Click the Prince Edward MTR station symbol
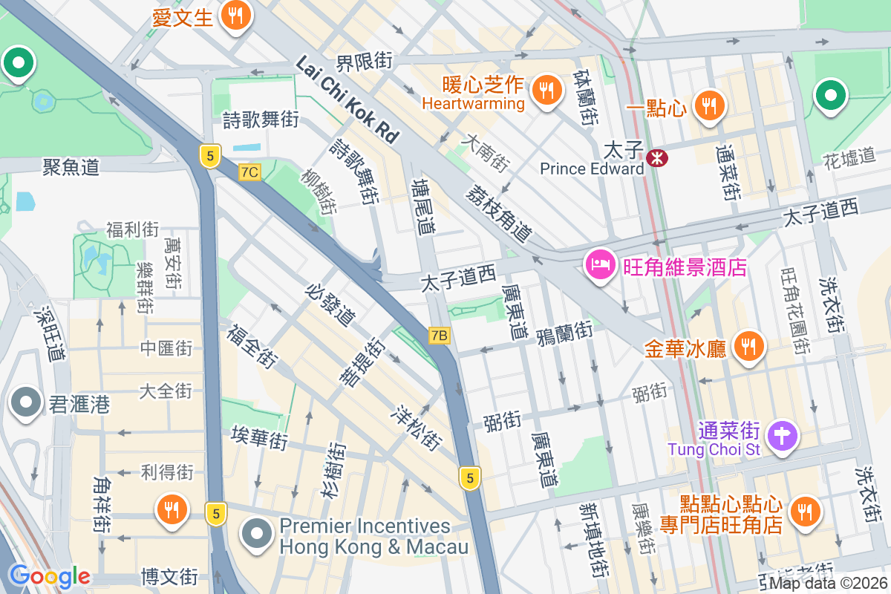[656, 157]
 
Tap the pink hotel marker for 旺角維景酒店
[600, 264]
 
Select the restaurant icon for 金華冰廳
[748, 346]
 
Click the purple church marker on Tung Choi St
[781, 434]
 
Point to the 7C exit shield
[250, 172]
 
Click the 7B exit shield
[440, 336]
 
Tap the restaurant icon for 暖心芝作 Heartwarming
[547, 91]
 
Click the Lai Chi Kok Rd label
[347, 99]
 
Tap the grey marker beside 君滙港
[27, 403]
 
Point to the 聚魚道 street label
[71, 167]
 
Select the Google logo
[49, 576]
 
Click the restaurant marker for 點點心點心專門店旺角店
[803, 510]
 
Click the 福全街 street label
[252, 346]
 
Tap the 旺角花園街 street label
[795, 310]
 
